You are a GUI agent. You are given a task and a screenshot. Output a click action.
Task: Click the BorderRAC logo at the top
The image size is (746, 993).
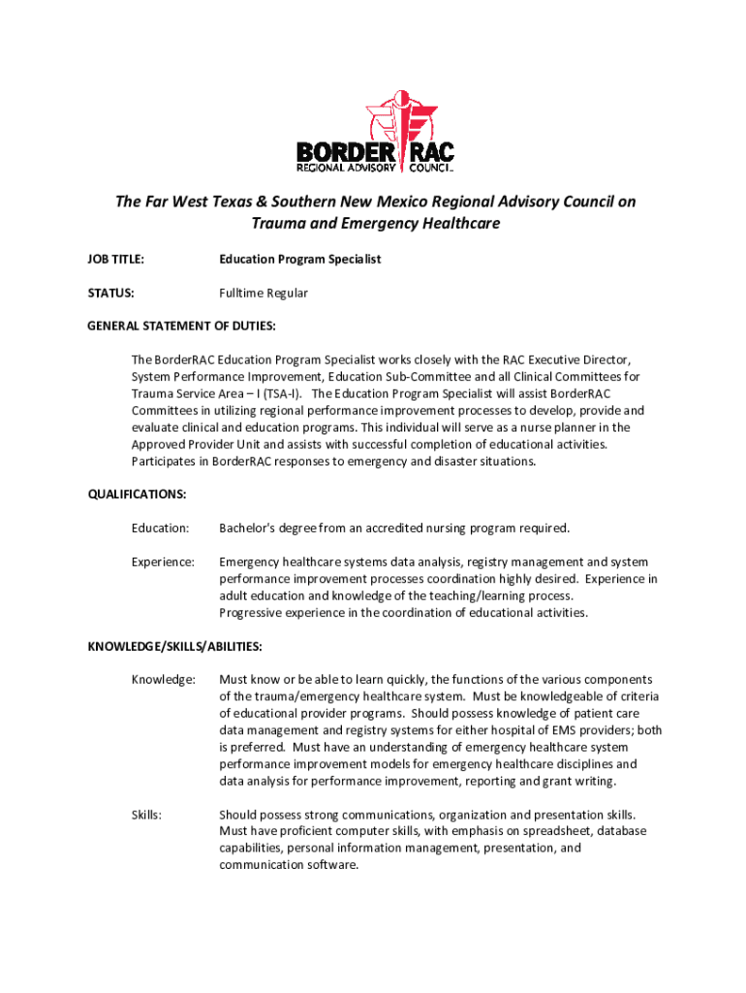click(x=374, y=133)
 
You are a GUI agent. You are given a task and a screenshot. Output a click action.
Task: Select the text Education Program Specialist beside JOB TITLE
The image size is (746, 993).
click(x=299, y=259)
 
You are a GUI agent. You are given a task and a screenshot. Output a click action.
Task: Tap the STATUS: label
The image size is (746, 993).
click(x=110, y=293)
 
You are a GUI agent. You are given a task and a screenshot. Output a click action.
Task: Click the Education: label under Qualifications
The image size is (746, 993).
click(x=160, y=528)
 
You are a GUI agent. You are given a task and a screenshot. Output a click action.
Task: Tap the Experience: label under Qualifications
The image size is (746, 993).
click(x=163, y=561)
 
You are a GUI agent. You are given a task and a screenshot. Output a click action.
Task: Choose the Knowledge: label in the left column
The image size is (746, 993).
click(x=163, y=679)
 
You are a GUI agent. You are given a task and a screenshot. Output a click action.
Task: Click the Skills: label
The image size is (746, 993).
click(x=146, y=815)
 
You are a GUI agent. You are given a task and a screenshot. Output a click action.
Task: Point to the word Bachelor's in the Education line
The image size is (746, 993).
click(x=247, y=528)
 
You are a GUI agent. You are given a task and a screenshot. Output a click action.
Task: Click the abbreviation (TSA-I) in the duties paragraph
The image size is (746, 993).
click(x=280, y=393)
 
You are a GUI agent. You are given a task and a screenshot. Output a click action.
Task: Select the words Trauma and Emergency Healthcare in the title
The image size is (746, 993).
click(x=376, y=224)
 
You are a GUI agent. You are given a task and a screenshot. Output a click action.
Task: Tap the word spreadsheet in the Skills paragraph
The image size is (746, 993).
click(x=557, y=831)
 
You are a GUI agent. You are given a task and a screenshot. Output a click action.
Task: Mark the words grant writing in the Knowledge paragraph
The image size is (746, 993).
click(x=580, y=781)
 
